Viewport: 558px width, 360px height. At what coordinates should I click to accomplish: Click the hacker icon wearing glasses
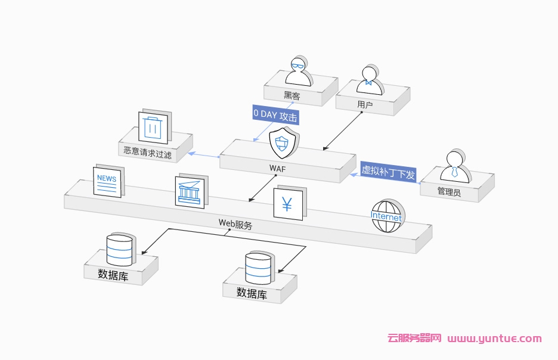click(x=297, y=72)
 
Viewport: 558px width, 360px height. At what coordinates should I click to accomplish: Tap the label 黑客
click(x=292, y=95)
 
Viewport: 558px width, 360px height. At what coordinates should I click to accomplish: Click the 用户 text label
click(x=365, y=104)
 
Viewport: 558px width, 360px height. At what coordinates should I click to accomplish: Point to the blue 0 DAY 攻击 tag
click(x=275, y=114)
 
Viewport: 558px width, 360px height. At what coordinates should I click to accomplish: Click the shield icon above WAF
click(x=283, y=142)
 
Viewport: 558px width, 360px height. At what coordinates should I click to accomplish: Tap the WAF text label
click(x=277, y=169)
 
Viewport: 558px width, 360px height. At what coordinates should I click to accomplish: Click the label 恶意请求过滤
click(x=147, y=151)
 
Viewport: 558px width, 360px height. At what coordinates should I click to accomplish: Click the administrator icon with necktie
click(x=454, y=167)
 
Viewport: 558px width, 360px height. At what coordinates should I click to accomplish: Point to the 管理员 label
click(x=449, y=192)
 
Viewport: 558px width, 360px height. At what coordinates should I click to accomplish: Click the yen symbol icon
click(x=289, y=204)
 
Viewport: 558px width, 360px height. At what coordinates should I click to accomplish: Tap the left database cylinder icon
click(x=119, y=250)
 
